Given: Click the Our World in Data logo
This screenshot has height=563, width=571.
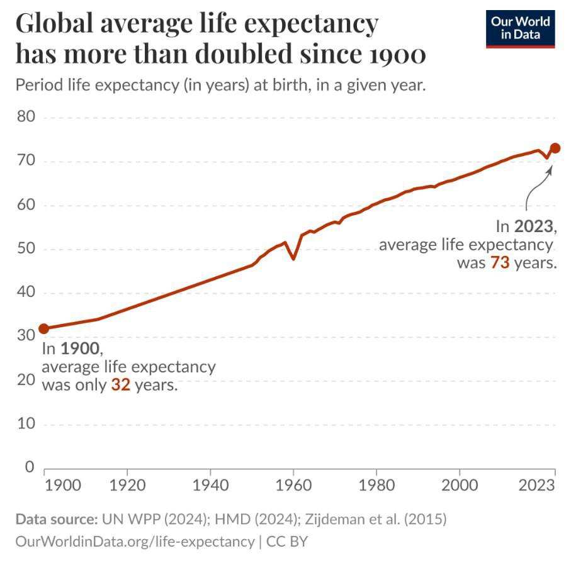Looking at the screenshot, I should [x=520, y=28].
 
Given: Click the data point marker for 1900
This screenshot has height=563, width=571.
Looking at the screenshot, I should [x=43, y=328].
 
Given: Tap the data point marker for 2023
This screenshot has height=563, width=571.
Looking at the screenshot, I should [x=555, y=148].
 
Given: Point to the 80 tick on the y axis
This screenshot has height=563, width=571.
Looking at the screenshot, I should [x=25, y=117].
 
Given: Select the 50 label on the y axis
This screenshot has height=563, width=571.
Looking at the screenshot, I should [x=25, y=248].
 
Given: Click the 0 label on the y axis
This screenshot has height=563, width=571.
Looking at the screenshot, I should [x=30, y=467].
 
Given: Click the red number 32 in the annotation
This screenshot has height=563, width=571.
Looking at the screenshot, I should [x=120, y=385].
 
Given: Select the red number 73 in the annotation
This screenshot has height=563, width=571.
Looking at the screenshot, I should [x=499, y=263].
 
